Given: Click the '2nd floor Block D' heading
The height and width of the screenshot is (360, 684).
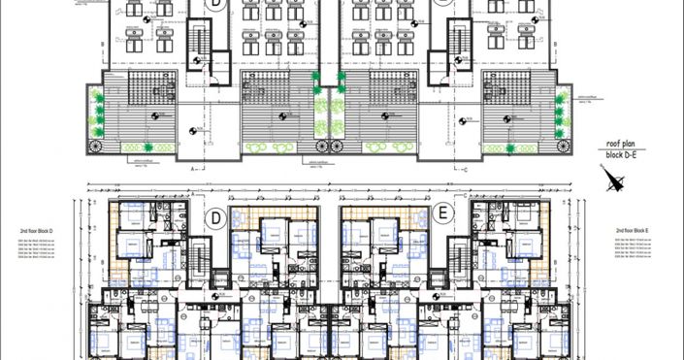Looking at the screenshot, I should tap(36, 231).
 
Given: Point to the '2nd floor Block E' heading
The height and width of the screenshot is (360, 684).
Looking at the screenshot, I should tap(636, 231).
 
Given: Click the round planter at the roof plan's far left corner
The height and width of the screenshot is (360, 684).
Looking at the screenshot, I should tap(95, 147).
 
